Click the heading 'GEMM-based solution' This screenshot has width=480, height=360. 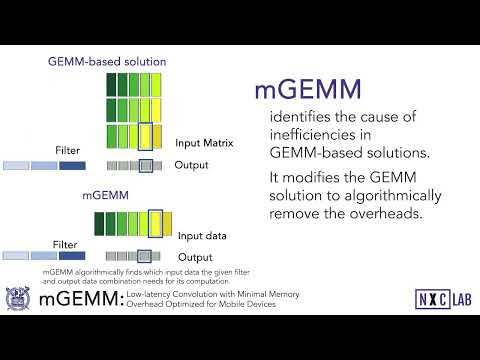click(107, 62)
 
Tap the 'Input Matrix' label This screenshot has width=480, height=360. click(204, 143)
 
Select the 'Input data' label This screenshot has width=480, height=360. click(201, 236)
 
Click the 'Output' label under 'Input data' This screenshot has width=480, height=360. click(195, 257)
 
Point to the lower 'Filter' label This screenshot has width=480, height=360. click(65, 243)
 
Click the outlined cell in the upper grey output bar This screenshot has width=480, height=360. click(146, 165)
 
